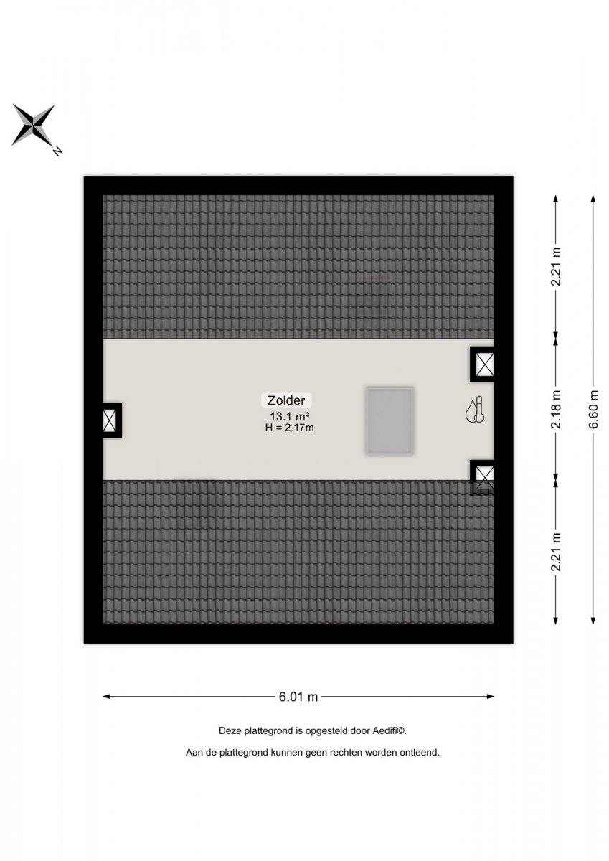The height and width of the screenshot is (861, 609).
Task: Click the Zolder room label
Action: [x=286, y=400]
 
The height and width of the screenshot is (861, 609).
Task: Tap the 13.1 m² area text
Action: [x=290, y=416]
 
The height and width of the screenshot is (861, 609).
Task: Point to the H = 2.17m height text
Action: [x=289, y=428]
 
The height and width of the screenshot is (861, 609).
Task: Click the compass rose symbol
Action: [x=34, y=125]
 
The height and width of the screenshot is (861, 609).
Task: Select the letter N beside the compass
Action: [x=57, y=151]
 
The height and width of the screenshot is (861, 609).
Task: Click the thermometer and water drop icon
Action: [x=475, y=410]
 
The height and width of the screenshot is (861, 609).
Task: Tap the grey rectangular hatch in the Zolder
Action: [x=390, y=421]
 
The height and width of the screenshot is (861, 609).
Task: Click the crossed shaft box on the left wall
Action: [x=110, y=420]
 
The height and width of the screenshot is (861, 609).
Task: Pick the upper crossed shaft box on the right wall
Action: [x=483, y=364]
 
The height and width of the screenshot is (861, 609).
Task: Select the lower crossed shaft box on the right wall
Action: [x=483, y=477]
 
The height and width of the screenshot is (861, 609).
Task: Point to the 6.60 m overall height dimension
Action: [x=594, y=409]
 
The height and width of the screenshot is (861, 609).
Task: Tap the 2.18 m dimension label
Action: [x=557, y=409]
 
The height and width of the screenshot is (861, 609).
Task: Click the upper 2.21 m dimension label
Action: [x=557, y=267]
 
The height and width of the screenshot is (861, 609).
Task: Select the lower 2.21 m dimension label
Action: [x=557, y=552]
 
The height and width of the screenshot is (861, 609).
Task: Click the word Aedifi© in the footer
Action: [x=389, y=730]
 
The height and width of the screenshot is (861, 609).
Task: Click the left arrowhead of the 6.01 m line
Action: [x=107, y=696]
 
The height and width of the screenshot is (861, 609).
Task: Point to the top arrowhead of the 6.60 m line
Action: [x=593, y=198]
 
